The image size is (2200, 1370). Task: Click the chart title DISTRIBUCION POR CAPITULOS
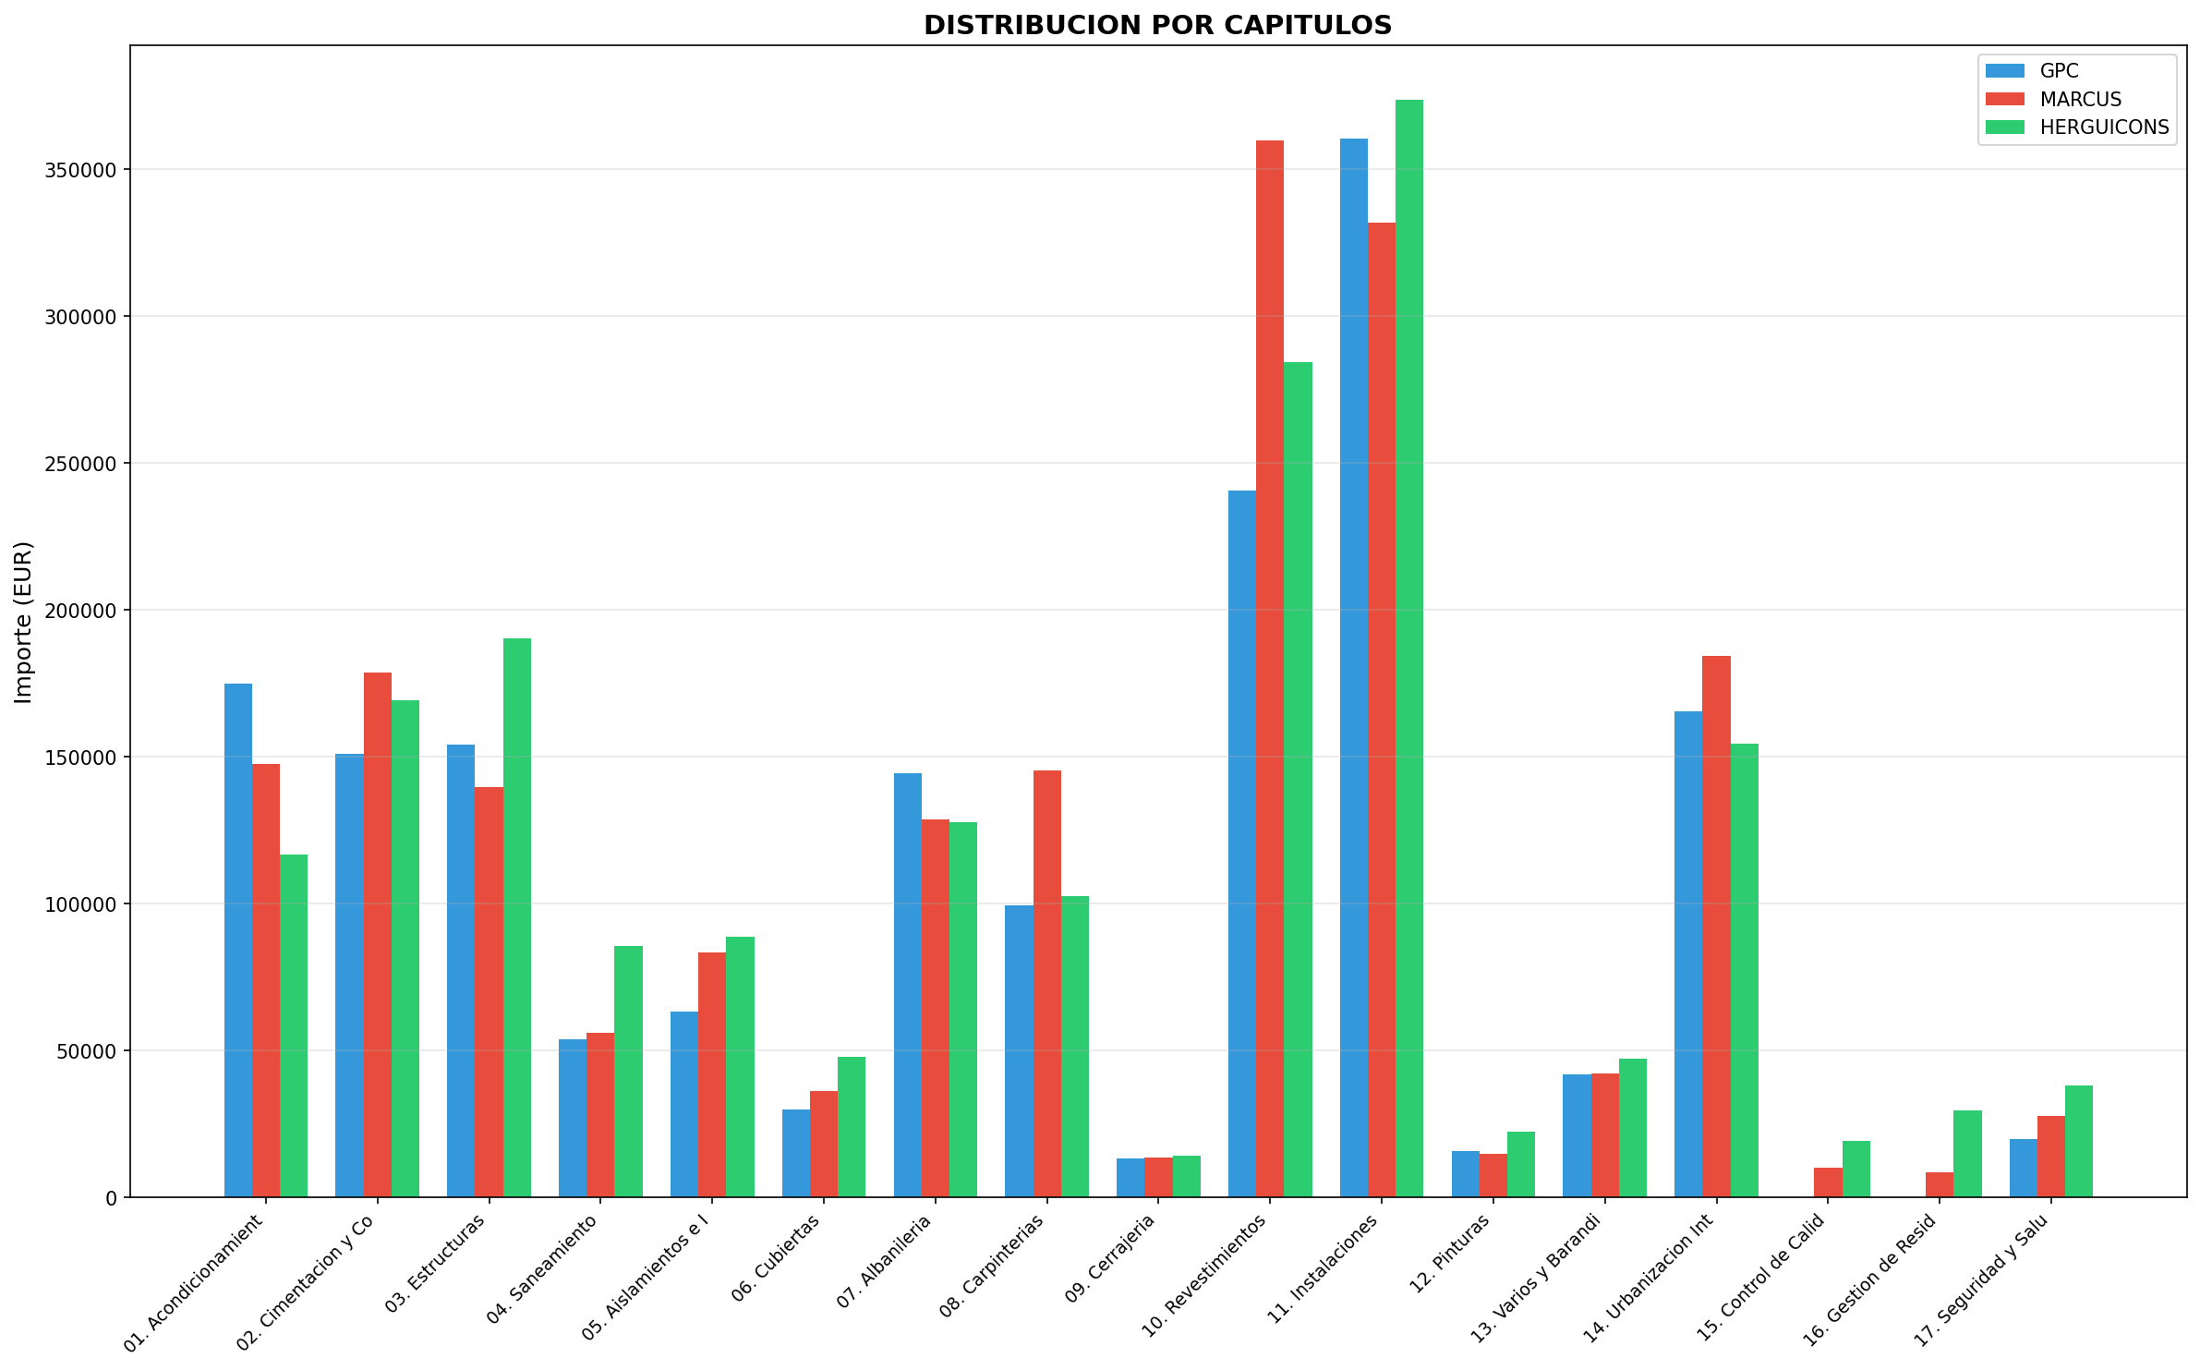point(1157,26)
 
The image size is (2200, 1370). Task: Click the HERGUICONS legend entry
point(2104,127)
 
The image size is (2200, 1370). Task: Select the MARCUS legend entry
point(2080,99)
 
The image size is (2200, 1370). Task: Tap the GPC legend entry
point(2059,71)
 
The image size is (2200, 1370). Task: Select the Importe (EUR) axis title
point(24,622)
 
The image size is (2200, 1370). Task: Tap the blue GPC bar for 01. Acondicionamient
point(238,940)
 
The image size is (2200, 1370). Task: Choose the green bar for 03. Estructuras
point(517,917)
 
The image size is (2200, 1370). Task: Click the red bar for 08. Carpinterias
point(1047,984)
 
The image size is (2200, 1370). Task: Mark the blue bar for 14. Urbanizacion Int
point(1688,954)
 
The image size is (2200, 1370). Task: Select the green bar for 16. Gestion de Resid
point(1967,1154)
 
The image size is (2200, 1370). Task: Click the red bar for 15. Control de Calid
point(1828,1182)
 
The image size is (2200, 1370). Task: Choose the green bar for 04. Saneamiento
point(628,1072)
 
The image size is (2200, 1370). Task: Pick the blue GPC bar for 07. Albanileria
point(908,985)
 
